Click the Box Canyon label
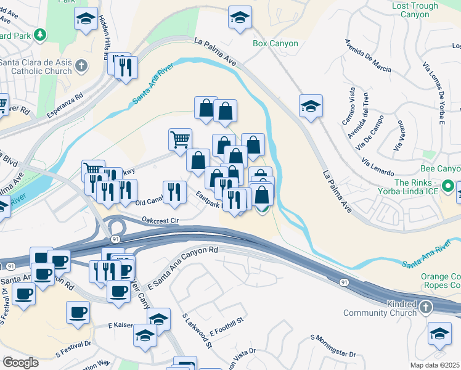pyautogui.click(x=275, y=44)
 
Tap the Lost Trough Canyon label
pyautogui.click(x=415, y=10)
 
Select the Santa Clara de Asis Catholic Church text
pyautogui.click(x=36, y=66)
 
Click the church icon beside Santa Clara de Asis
pyautogui.click(x=81, y=65)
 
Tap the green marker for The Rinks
pyautogui.click(x=449, y=186)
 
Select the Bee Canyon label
pyautogui.click(x=440, y=169)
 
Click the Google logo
pyautogui.click(x=20, y=363)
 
